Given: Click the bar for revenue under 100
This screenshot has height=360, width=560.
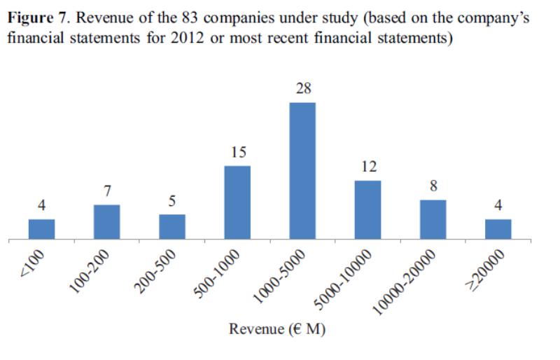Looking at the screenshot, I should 41,230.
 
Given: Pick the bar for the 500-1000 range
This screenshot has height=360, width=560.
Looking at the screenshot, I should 237,203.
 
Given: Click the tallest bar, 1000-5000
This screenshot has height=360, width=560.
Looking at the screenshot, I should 302,172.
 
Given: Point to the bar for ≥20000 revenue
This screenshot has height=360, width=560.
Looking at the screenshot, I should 498,230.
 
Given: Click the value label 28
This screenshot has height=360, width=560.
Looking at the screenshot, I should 302,89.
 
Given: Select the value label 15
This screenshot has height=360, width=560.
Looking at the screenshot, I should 237,152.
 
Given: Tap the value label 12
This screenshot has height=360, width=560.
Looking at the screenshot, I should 367,167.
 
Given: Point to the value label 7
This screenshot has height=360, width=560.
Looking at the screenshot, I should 106,191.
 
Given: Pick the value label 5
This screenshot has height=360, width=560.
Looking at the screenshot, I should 172,201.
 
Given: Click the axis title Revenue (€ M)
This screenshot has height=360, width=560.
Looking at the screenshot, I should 275,330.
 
